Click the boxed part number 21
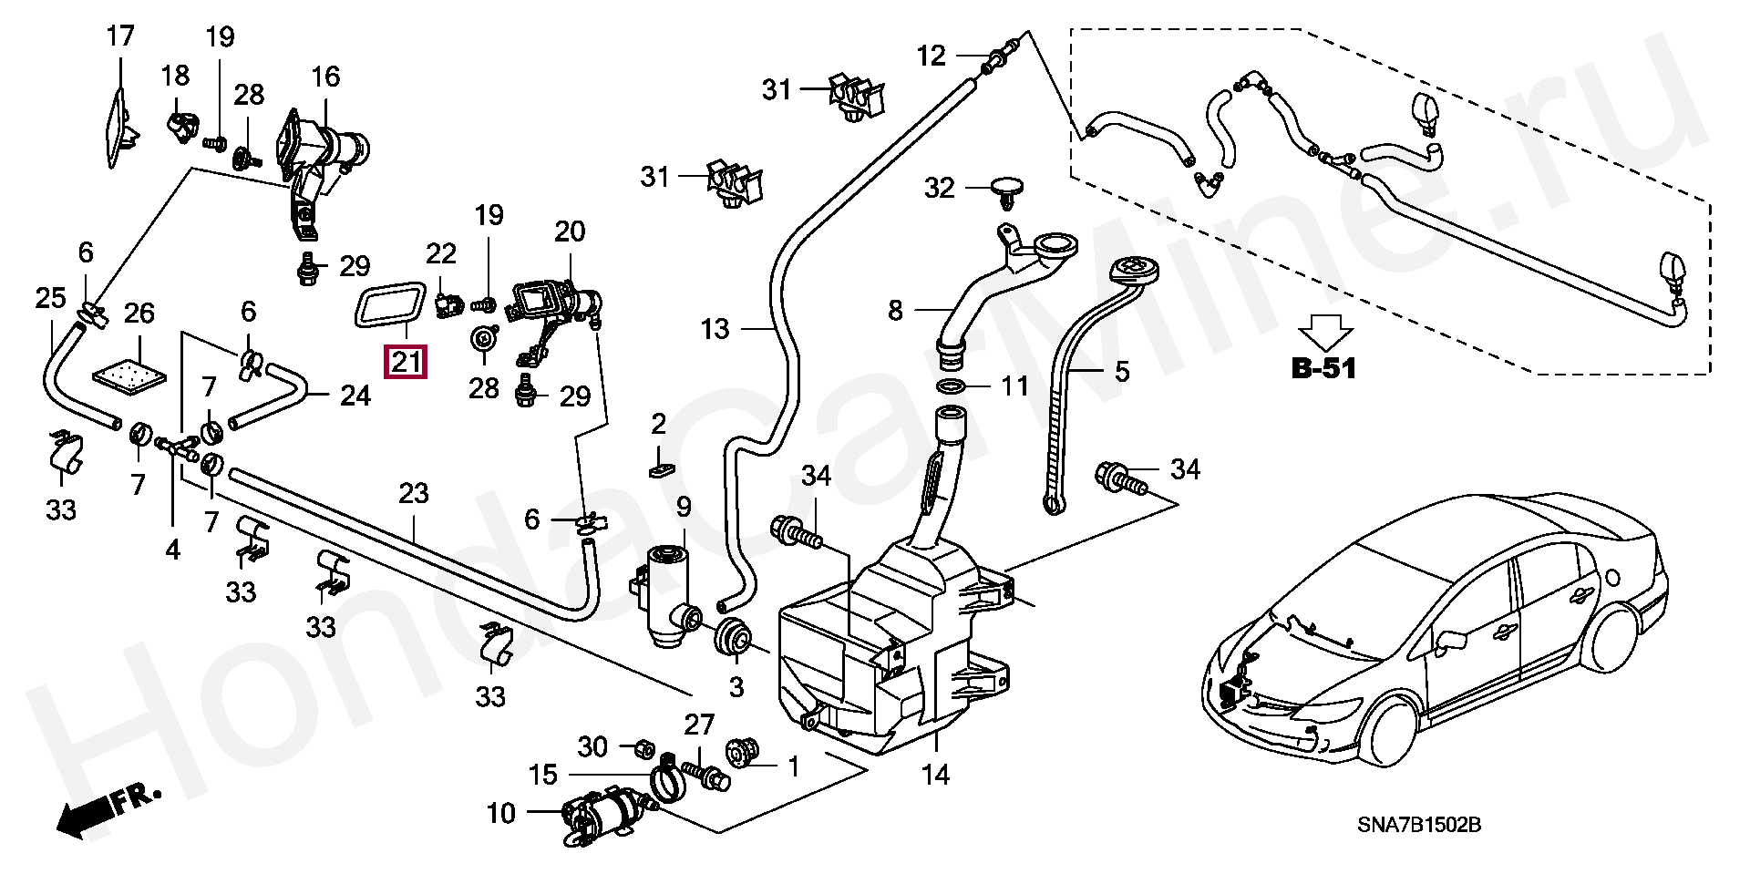406,363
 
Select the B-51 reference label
1323,368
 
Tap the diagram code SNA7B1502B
1418,825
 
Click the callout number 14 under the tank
935,776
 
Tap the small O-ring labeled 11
952,386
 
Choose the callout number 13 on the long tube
715,329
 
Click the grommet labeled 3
733,637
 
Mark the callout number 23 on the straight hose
413,493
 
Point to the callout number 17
120,36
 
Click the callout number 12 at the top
931,56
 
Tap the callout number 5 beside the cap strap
1121,372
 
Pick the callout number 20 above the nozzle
570,231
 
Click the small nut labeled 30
641,746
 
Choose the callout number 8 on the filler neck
895,311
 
